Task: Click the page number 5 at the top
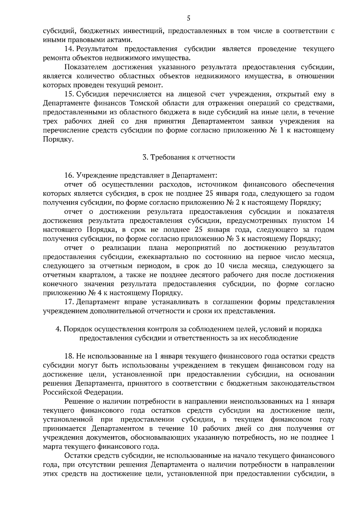coord(188,18)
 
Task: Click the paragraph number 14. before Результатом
coord(69,49)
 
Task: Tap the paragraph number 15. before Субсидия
coord(69,94)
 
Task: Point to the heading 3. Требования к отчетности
coord(188,157)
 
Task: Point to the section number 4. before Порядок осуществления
coord(58,329)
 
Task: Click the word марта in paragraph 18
coord(52,447)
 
